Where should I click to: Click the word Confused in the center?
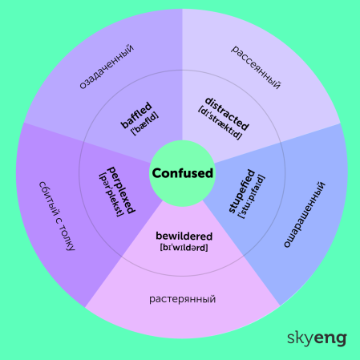(x=183, y=173)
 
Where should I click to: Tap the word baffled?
(x=136, y=115)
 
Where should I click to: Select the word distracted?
(x=227, y=114)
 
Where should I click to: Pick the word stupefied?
(x=241, y=191)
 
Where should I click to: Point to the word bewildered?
(x=184, y=236)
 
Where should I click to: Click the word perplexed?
(x=121, y=190)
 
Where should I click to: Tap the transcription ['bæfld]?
(x=145, y=123)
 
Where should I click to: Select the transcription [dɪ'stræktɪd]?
(x=220, y=123)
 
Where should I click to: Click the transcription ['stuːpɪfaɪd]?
(x=251, y=196)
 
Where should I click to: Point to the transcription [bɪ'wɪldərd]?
(x=184, y=247)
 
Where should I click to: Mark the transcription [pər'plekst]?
(x=111, y=195)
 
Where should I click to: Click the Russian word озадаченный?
(x=107, y=67)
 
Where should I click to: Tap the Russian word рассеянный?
(x=256, y=67)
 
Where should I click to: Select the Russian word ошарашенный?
(x=304, y=214)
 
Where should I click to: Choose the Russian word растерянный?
(x=183, y=299)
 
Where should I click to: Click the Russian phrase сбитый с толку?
(x=57, y=216)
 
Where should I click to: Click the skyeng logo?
(x=317, y=338)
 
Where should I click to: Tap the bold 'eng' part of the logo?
(x=330, y=339)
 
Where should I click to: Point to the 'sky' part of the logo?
(x=300, y=338)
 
